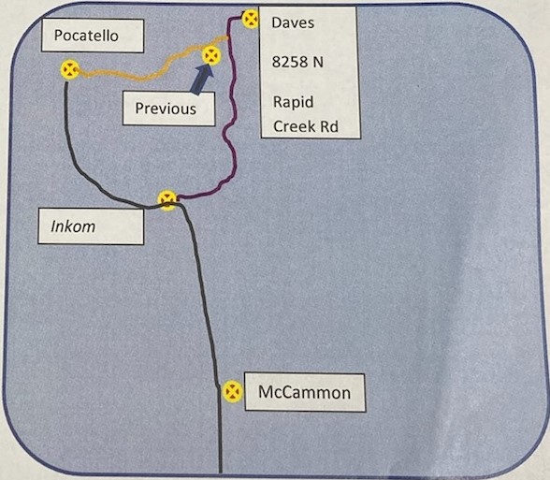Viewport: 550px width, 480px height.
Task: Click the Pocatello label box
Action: (93, 36)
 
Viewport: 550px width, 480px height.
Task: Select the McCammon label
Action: (305, 392)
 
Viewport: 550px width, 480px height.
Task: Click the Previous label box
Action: (168, 109)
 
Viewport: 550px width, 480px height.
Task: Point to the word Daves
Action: (293, 22)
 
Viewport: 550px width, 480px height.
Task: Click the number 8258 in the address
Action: (290, 62)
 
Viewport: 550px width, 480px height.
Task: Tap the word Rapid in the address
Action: (294, 102)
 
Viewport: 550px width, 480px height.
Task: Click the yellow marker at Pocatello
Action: (70, 69)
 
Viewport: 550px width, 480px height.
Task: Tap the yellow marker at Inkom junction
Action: (167, 200)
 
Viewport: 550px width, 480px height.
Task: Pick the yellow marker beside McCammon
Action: (233, 391)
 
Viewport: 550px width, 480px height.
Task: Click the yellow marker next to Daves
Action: (251, 19)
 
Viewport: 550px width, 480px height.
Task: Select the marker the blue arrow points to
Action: (211, 55)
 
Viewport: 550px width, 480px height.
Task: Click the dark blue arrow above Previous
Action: (203, 80)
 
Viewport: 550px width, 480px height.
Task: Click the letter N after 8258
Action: (318, 62)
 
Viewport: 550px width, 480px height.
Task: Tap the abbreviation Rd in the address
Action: (329, 126)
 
